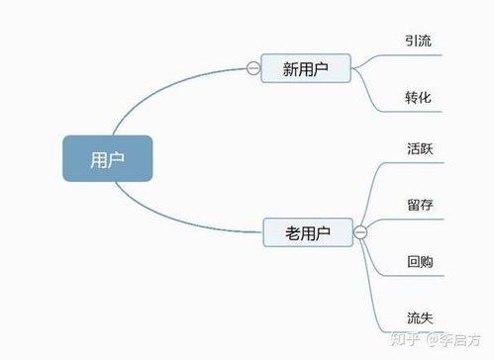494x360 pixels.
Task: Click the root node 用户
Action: (107, 158)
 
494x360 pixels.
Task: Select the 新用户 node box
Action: (305, 68)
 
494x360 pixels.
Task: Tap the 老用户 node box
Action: (308, 233)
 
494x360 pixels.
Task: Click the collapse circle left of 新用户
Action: (252, 68)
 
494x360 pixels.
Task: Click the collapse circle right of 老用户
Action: (359, 233)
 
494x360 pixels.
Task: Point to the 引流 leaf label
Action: (418, 41)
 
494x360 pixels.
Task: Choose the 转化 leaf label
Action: (418, 98)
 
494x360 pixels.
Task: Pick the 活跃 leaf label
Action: (418, 149)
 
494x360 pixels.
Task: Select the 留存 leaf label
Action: (418, 205)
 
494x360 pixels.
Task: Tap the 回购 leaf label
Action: (418, 262)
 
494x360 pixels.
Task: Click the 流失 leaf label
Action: (418, 317)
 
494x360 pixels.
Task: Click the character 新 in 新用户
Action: (289, 68)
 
